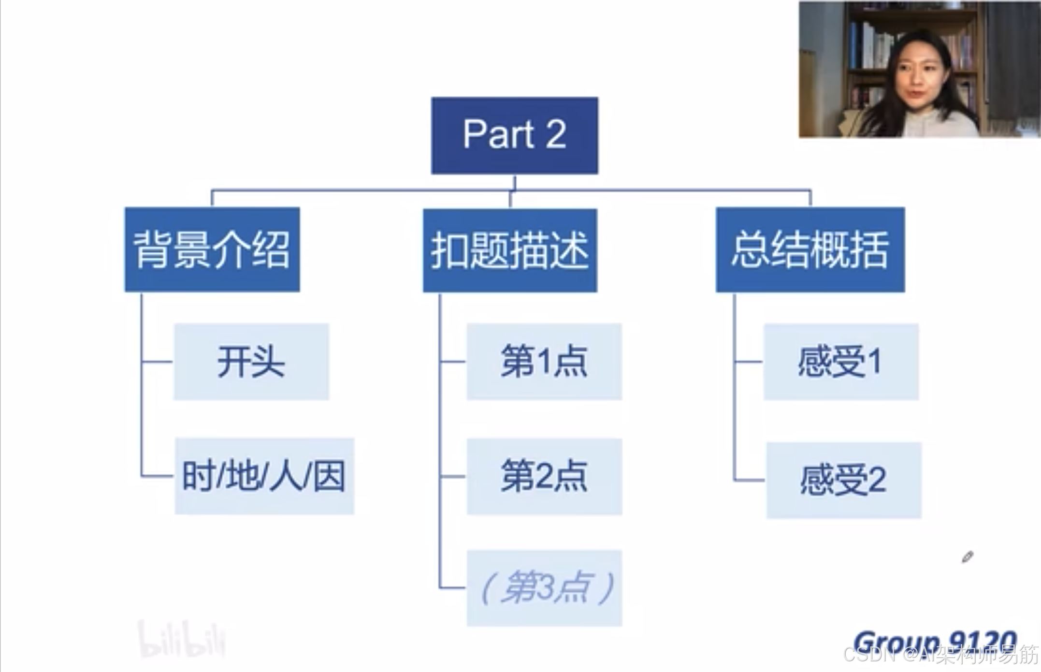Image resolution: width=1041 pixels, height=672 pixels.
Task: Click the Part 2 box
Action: tap(514, 135)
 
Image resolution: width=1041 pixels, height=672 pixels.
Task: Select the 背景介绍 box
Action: tap(212, 249)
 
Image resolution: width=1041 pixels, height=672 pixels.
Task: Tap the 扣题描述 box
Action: tap(510, 250)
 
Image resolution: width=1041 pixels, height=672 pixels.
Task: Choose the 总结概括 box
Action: tap(810, 249)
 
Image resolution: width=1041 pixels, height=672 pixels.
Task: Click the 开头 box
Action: tap(251, 362)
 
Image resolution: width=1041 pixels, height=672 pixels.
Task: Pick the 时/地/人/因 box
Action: tap(264, 476)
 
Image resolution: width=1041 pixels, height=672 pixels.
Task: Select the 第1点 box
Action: tap(544, 362)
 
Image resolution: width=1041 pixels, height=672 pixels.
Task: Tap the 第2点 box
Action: tap(544, 477)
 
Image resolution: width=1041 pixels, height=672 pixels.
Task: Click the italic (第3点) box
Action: tap(544, 588)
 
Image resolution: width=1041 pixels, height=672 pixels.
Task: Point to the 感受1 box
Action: tap(841, 362)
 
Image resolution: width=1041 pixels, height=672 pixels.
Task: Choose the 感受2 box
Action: tap(844, 481)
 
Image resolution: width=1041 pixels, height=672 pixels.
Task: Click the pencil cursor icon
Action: tap(967, 557)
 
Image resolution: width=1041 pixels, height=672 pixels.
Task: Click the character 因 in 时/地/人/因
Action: tap(330, 476)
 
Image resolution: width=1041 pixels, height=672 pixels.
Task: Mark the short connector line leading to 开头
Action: tap(158, 362)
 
